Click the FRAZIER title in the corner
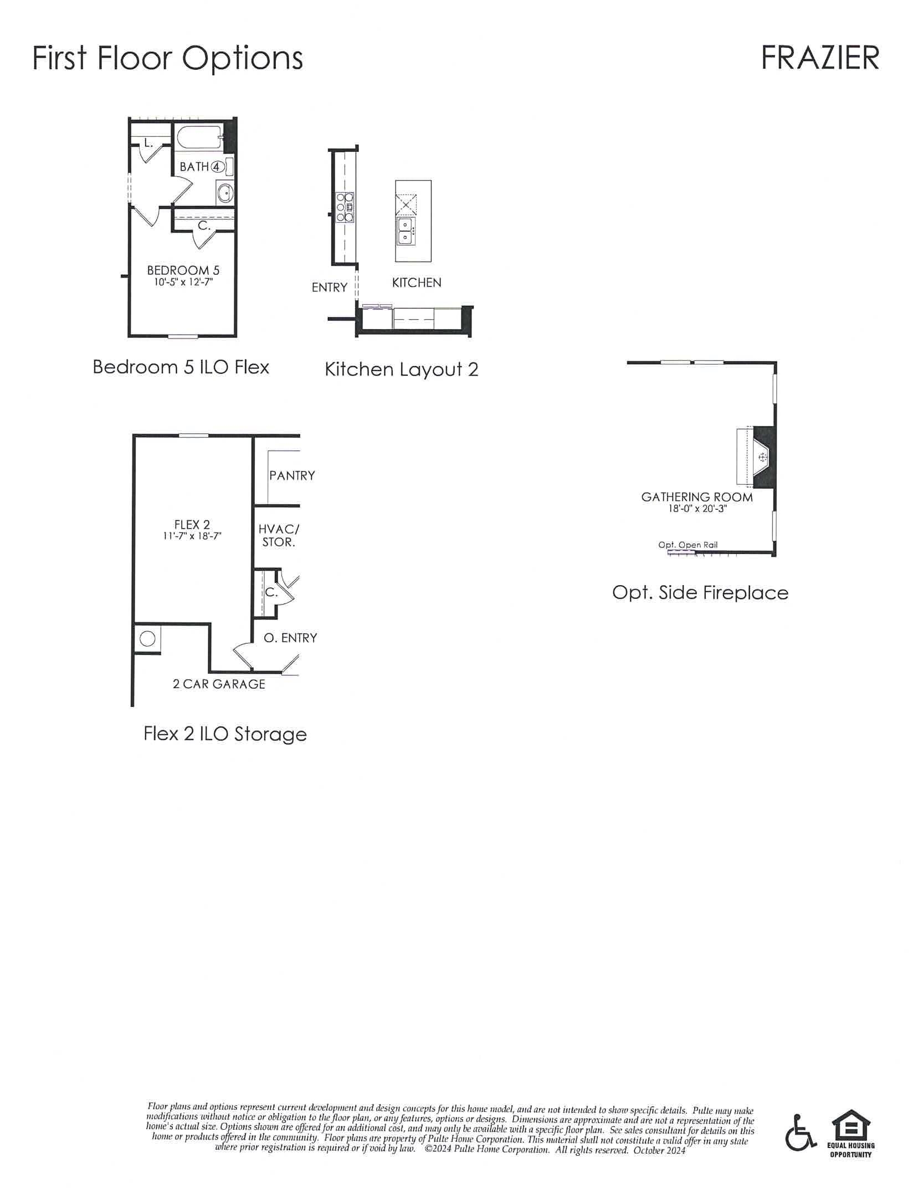point(820,58)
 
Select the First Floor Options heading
point(167,58)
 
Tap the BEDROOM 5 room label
point(183,270)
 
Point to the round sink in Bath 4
point(225,193)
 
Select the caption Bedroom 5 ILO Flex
point(181,367)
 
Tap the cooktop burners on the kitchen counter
point(344,207)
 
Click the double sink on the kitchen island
point(405,231)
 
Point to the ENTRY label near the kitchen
point(329,287)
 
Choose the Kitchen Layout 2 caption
point(401,369)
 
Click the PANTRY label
point(292,475)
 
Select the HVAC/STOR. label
point(279,535)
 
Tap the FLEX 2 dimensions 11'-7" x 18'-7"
point(192,536)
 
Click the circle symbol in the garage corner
point(147,639)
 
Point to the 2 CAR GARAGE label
point(219,684)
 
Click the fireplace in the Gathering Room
point(762,457)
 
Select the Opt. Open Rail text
point(688,545)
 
